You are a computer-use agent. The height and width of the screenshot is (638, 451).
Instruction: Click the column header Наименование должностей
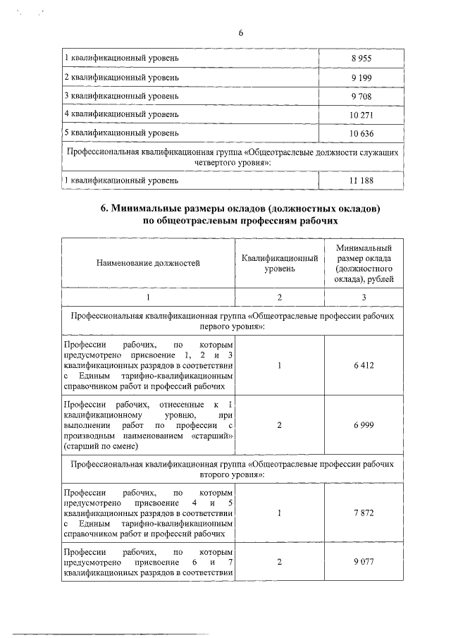(148, 263)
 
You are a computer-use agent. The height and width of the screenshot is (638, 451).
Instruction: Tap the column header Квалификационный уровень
(280, 263)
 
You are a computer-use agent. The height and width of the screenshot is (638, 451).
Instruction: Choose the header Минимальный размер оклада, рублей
(364, 263)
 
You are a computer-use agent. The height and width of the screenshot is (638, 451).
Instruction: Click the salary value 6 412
(364, 366)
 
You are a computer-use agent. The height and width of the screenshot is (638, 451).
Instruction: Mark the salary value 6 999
(364, 426)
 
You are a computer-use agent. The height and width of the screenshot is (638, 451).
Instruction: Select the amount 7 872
(364, 513)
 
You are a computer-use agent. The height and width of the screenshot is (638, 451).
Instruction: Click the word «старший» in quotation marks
(211, 436)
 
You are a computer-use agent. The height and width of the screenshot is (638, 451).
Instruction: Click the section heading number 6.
(105, 209)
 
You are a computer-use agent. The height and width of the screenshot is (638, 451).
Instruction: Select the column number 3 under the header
(364, 297)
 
